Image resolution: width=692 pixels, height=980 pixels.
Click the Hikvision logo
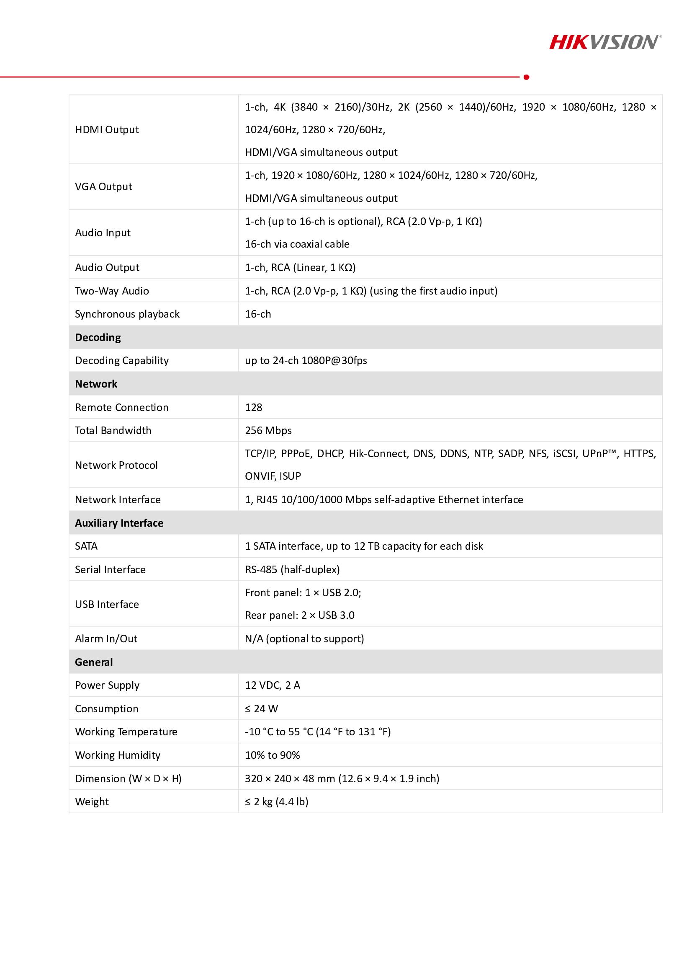coord(605,43)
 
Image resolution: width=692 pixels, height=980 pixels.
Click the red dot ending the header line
coord(526,77)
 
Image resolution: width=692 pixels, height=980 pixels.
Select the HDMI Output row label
coord(107,130)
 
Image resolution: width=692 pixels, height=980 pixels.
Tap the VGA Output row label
coord(103,186)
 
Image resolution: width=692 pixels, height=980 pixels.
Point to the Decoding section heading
coord(98,337)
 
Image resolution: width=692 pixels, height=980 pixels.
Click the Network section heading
coord(96,384)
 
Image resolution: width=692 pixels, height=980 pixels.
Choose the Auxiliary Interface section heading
coord(119,523)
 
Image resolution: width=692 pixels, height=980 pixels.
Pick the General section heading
coord(94,662)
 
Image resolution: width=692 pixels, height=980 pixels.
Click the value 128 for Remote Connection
coord(253,407)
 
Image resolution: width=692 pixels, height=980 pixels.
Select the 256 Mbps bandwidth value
coord(268,430)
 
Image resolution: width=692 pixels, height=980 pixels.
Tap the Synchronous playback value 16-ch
coord(258,314)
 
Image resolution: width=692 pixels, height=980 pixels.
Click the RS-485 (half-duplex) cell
coord(292,569)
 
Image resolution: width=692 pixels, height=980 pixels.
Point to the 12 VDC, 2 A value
coord(273,685)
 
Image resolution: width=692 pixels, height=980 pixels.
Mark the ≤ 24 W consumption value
coord(261,708)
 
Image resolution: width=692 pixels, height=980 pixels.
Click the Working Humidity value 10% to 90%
coord(273,755)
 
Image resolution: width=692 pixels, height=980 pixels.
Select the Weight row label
coord(92,802)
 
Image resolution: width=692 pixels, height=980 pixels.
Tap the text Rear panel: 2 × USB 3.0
coord(300,615)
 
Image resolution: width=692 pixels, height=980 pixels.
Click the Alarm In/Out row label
coord(106,639)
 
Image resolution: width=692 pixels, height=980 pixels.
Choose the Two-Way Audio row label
coord(112,291)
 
